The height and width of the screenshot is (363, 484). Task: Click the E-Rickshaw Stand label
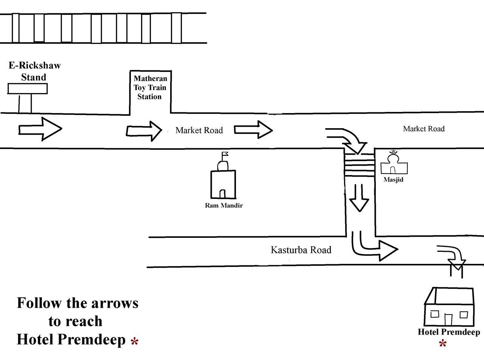(34, 71)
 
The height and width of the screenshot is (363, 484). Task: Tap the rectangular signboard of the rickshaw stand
(28, 88)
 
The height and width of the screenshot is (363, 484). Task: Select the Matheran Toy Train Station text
(150, 88)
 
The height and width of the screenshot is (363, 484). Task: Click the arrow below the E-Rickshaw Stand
(40, 129)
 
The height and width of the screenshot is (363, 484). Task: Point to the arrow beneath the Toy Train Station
(144, 131)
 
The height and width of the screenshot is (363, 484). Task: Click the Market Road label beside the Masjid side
(423, 129)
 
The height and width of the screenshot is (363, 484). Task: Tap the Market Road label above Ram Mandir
(199, 130)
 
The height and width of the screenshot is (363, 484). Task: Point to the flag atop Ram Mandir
(225, 154)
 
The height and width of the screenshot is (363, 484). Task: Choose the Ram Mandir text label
(223, 206)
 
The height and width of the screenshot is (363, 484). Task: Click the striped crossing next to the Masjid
(359, 164)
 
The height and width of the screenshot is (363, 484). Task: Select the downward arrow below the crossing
(358, 198)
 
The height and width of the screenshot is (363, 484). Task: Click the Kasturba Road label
(301, 250)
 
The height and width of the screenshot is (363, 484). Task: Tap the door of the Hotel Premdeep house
(448, 320)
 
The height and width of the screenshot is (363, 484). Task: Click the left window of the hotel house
(434, 314)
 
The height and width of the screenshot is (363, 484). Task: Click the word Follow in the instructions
(39, 303)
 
